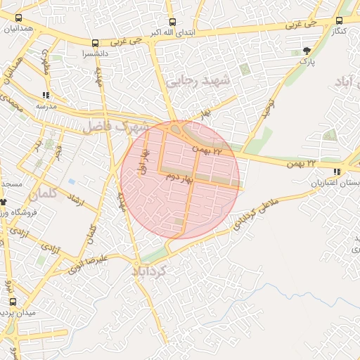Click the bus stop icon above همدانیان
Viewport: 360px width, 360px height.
coord(18,19)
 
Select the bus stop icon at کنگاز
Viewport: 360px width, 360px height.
coord(340,21)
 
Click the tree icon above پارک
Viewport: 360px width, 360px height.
coord(306,51)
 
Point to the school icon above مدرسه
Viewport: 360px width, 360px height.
coord(46,95)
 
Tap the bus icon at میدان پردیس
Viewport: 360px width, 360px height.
coord(12,302)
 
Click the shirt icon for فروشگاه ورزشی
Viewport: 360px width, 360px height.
coord(4,202)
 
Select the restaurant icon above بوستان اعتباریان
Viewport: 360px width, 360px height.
coord(337,172)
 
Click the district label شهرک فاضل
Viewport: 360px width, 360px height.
coord(116,127)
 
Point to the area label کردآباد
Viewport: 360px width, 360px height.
coord(149,269)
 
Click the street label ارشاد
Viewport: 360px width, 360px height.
coord(74,201)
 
